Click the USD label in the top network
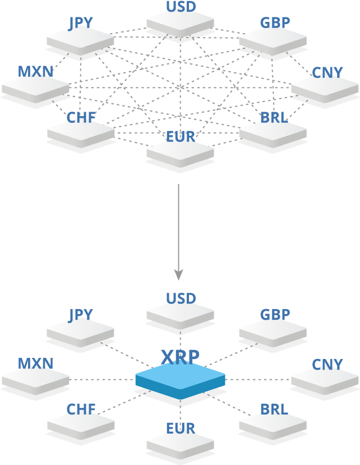coord(181,7)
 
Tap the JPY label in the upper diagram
coord(81,23)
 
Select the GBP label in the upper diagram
coord(275,22)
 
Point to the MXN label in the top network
coord(35,72)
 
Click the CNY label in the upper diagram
coord(327,73)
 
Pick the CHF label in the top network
coord(81,118)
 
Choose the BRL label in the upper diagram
coord(274,118)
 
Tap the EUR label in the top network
coord(181,136)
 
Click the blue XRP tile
coord(180,379)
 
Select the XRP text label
coord(180,357)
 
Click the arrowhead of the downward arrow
coord(178,275)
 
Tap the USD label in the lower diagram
coord(181,298)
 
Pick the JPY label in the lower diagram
coord(81,315)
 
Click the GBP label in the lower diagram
coord(275,315)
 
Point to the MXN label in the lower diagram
coord(35,363)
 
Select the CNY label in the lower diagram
coord(327,365)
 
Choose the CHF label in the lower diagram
coord(81,409)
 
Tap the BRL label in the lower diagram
coord(274,409)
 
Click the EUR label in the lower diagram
coord(181,428)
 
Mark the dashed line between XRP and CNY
coord(258,379)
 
